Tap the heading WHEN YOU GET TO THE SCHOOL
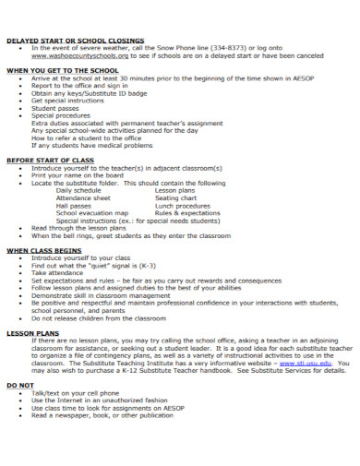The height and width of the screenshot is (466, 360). coord(63,69)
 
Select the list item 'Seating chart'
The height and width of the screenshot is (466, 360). coord(175,197)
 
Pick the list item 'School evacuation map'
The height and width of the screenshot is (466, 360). coord(92,212)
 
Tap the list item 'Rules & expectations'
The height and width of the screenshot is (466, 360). coord(187,212)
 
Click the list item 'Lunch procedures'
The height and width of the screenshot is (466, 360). coord(183,205)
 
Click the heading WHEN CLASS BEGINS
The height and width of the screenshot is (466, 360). coord(44,249)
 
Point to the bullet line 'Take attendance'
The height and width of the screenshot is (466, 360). coord(57,272)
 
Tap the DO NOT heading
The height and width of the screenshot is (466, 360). coord(21,383)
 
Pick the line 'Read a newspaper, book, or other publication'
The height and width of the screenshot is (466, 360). coord(102,414)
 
